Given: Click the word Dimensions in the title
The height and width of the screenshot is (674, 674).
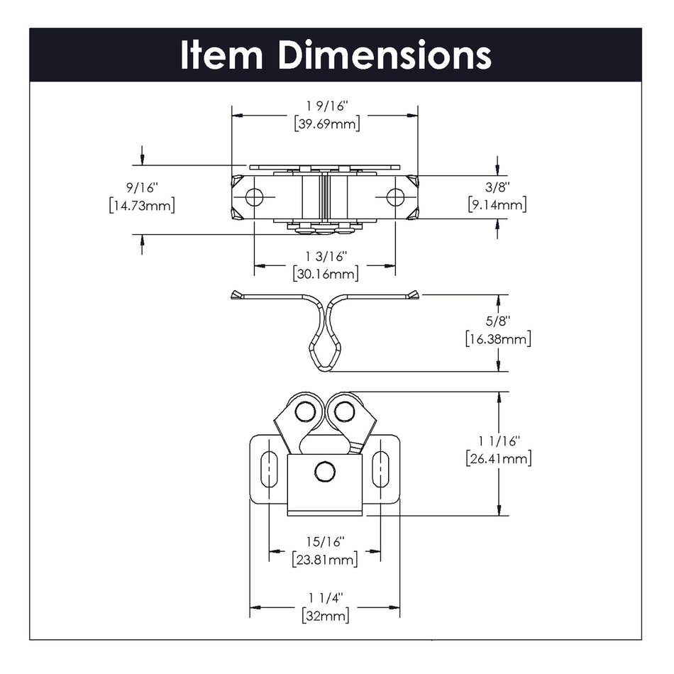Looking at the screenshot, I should (384, 55).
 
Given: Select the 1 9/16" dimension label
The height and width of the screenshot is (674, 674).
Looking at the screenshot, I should (325, 106).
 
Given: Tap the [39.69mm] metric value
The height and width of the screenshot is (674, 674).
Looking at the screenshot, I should (326, 123).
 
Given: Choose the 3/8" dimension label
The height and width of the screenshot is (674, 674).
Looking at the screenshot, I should (497, 188).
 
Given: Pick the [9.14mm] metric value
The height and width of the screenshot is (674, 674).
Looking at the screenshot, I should (497, 206).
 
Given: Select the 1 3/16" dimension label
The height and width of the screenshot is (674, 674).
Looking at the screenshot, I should (325, 256).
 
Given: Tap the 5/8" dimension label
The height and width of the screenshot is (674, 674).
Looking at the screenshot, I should (499, 321).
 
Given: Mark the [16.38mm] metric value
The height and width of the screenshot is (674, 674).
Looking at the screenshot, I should (499, 338).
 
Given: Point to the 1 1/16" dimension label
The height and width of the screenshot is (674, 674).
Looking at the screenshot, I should (499, 440).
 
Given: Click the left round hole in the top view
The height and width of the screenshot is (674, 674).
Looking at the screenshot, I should (253, 197).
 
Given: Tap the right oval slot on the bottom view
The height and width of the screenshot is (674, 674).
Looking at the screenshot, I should (381, 469).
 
